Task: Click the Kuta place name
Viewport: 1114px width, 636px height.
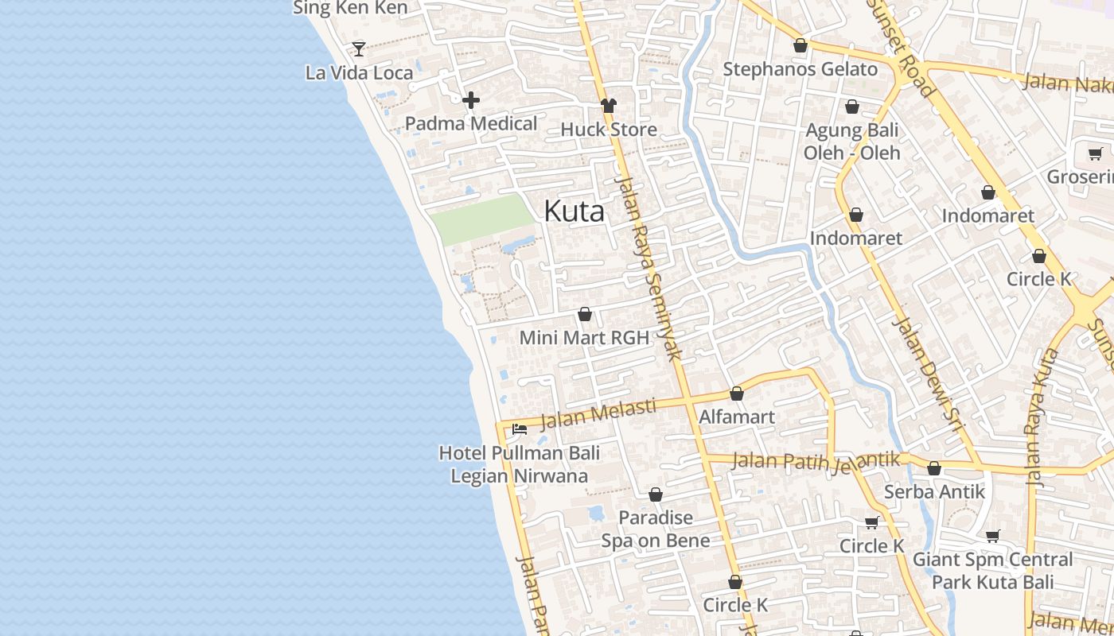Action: tap(574, 211)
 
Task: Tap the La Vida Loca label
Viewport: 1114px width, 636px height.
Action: tap(359, 73)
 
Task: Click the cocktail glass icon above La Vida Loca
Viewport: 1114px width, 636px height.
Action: tap(359, 49)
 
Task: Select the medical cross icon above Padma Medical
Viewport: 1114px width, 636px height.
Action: tap(471, 100)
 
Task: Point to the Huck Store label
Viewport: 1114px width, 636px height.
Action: tap(609, 130)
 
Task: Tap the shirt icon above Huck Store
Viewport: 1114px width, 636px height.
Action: tap(609, 106)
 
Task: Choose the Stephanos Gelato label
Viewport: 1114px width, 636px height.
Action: tap(800, 69)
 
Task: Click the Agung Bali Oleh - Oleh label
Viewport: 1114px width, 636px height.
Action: tap(851, 142)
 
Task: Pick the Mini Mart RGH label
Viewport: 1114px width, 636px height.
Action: tap(584, 338)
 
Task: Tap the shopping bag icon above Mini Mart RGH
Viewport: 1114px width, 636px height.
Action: tap(585, 315)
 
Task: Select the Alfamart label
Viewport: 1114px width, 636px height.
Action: tap(736, 417)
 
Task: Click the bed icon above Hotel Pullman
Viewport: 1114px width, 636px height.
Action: tap(520, 429)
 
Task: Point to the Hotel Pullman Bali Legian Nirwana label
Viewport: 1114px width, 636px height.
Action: tap(520, 465)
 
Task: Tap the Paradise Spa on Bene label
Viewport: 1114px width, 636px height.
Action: tap(656, 529)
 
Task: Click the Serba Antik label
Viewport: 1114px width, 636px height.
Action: tap(934, 492)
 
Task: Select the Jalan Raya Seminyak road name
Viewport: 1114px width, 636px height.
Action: tap(649, 266)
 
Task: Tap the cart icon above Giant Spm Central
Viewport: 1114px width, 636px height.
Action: tap(992, 537)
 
